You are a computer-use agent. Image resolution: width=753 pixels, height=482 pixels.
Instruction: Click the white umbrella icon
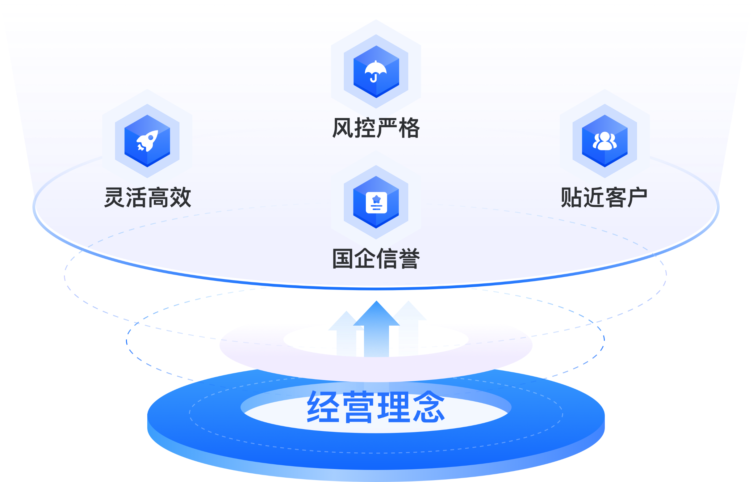click(375, 71)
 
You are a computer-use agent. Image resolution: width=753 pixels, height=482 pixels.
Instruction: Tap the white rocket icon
click(147, 141)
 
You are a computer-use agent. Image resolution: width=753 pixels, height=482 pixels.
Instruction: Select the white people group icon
click(604, 141)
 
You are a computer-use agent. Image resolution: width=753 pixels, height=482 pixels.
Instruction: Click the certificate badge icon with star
click(376, 203)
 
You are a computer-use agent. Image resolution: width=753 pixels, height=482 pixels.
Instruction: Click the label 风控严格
click(375, 128)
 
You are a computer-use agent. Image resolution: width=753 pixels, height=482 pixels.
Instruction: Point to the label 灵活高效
click(147, 197)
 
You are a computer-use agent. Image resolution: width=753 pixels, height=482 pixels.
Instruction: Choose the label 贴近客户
click(604, 197)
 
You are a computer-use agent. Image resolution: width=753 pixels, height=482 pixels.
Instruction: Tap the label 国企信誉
click(375, 259)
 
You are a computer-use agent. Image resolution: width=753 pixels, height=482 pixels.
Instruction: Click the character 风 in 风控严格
click(343, 128)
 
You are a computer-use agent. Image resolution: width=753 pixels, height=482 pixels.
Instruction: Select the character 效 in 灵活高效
click(180, 197)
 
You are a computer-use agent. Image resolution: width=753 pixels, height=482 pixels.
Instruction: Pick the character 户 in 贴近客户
click(637, 197)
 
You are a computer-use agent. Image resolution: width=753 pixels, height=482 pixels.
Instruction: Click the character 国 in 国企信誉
click(343, 259)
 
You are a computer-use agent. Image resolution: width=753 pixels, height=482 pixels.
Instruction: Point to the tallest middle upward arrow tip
click(376, 303)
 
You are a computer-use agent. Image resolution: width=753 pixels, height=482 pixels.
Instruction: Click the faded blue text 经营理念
click(375, 405)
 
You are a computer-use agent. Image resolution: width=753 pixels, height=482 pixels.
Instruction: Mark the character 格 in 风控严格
click(409, 128)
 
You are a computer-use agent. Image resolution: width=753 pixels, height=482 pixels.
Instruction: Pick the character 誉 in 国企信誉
click(409, 259)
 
